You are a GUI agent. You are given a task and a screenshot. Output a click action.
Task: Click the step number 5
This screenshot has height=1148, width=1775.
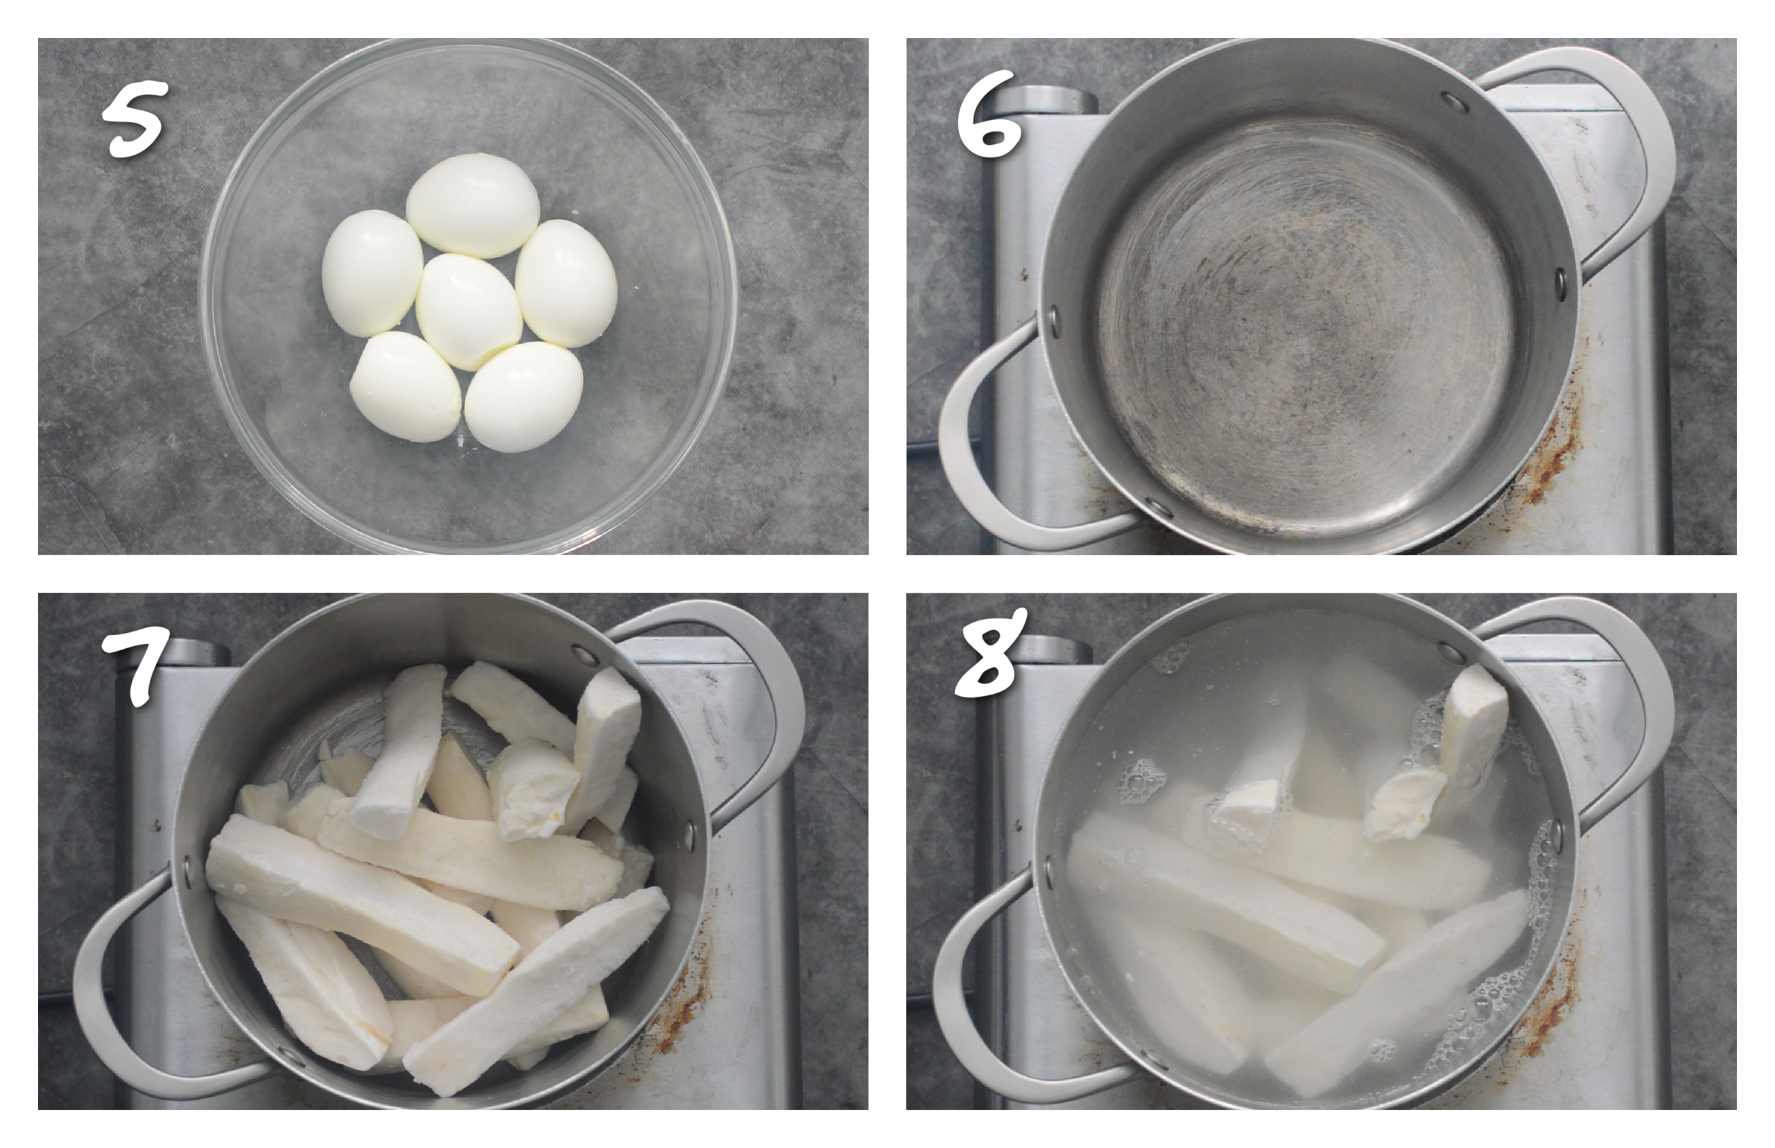click(x=135, y=119)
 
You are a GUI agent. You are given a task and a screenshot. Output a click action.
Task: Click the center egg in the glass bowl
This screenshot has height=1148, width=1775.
click(x=468, y=311)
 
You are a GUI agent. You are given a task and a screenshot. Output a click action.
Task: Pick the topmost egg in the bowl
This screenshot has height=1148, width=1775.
click(x=474, y=205)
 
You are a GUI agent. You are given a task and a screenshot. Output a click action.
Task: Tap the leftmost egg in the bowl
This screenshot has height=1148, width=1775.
click(x=372, y=271)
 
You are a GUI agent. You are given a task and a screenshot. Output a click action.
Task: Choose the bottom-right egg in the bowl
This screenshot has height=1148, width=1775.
click(x=524, y=396)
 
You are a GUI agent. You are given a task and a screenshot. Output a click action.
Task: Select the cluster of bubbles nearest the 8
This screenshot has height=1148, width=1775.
click(x=1170, y=659)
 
